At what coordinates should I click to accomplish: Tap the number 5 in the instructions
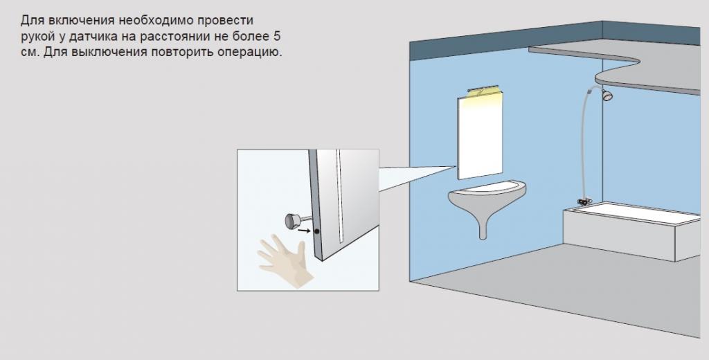pos(277,36)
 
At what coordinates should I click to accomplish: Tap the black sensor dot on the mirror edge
pos(317,231)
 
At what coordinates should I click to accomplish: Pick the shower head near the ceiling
pos(606,95)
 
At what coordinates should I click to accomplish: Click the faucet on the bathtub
pos(584,201)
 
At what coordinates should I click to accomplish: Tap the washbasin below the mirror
pos(487,195)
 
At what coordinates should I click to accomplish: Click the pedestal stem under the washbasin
pos(483,226)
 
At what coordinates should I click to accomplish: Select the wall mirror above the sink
pos(480,136)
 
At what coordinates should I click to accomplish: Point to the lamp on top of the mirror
pos(483,90)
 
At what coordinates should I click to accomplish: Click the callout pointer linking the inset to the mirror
pos(416,178)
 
